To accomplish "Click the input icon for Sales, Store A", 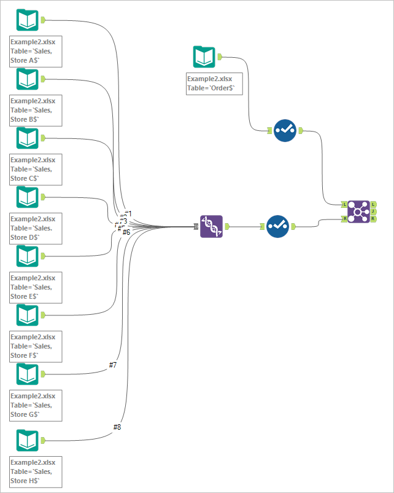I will [27, 20].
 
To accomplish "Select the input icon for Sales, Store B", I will [27, 79].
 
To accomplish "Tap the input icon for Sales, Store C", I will [27, 138].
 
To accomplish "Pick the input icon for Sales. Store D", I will [27, 197].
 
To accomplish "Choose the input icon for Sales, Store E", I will [27, 256].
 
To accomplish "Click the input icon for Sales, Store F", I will [27, 315].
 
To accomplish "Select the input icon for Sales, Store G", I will [27, 374].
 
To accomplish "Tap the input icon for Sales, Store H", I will [27, 441].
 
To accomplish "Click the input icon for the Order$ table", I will [204, 57].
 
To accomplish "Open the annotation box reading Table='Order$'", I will [214, 84].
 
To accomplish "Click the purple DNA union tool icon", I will [211, 226].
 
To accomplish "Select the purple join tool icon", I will [358, 211].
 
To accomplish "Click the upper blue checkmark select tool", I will [285, 130].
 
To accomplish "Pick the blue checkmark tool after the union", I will [277, 226].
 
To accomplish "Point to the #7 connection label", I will [113, 365].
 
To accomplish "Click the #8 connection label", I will [117, 427].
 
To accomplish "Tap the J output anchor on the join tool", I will [374, 211].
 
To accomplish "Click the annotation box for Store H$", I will [36, 472].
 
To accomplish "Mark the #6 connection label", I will [126, 232].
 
